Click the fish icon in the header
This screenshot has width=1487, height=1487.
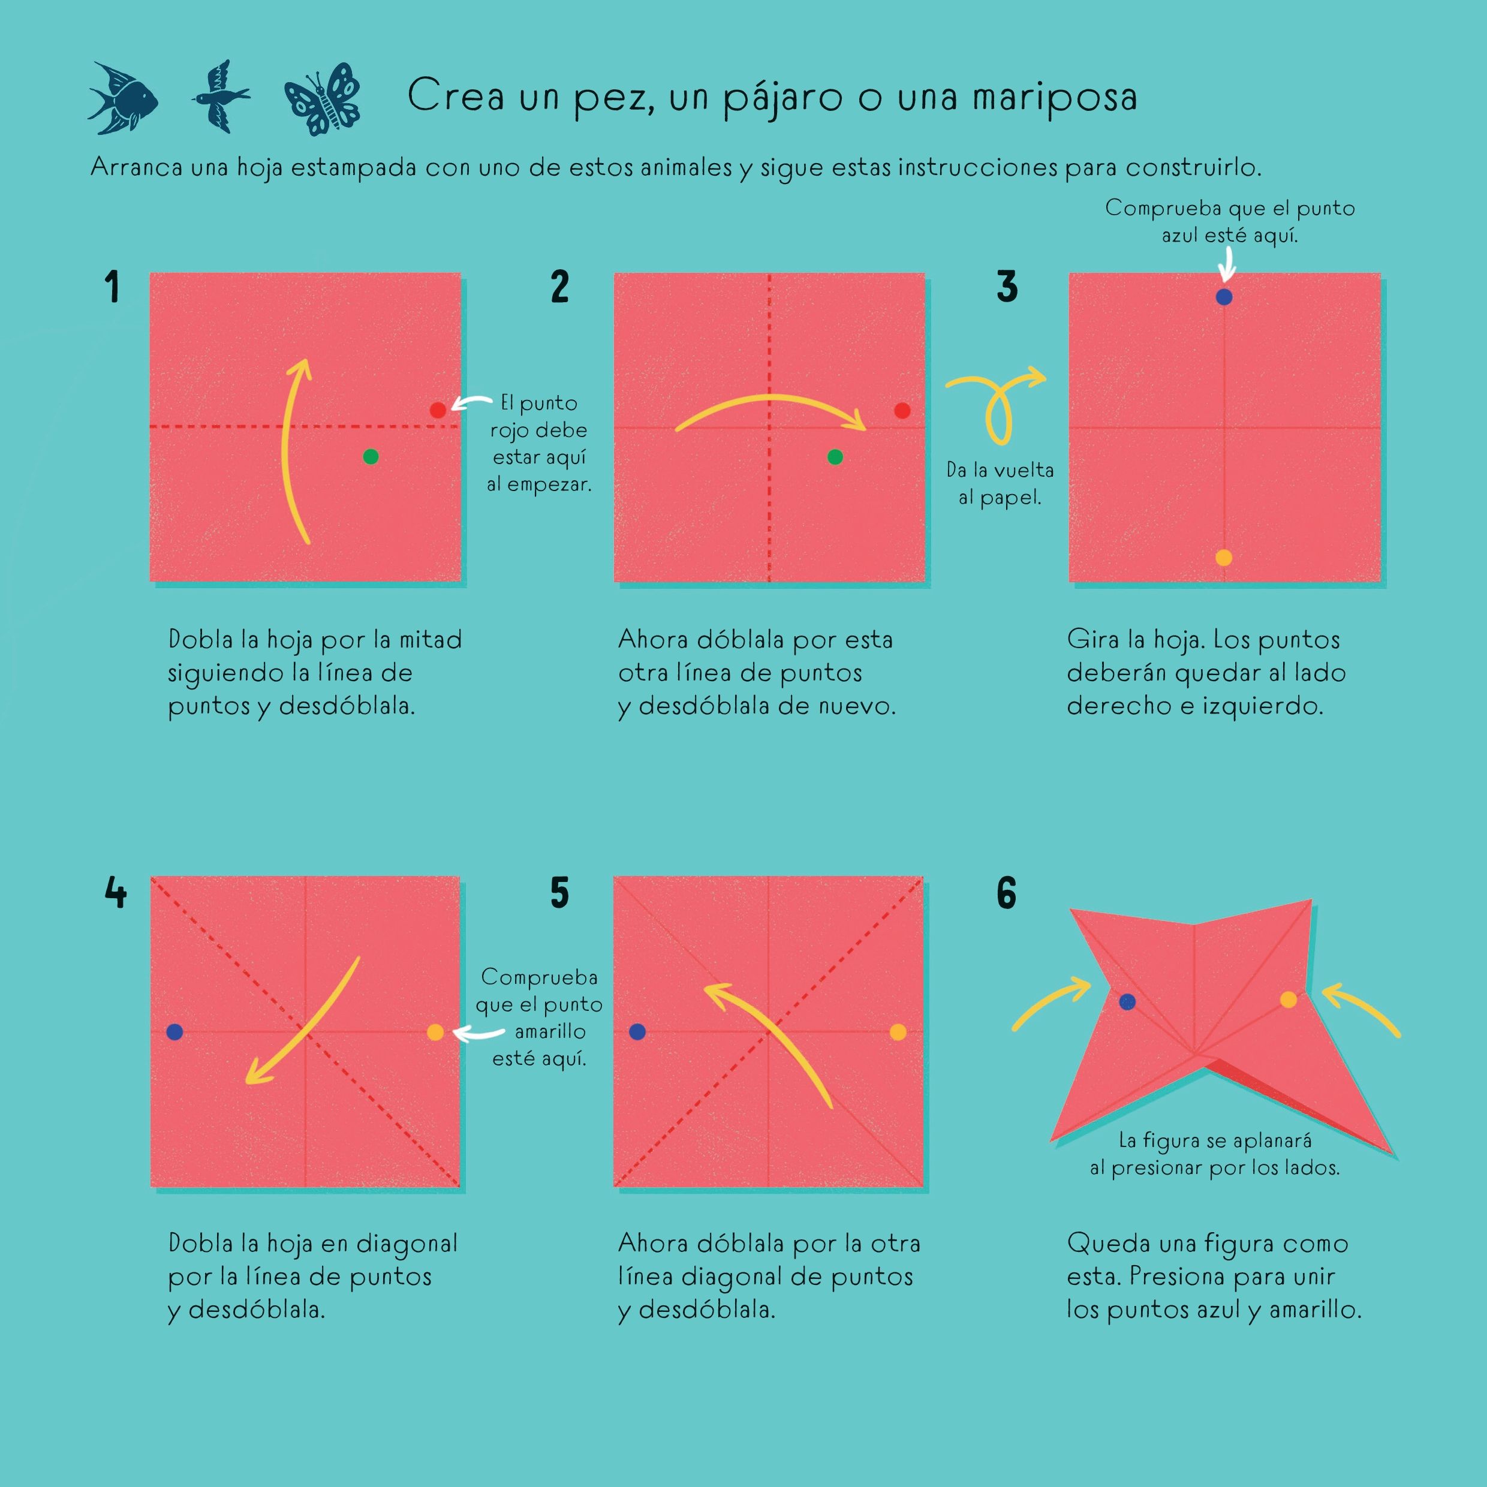(123, 98)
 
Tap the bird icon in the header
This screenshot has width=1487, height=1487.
(221, 97)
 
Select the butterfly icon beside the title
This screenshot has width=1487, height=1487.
(323, 98)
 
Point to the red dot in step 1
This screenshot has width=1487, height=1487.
(438, 410)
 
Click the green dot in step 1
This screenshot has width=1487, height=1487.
(370, 457)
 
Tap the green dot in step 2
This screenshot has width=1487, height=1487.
(835, 457)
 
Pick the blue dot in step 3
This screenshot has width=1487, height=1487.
(1224, 297)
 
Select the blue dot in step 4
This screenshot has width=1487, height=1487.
(174, 1032)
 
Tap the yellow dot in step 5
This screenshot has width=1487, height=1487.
(898, 1032)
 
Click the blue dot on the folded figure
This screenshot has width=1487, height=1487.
(1128, 1001)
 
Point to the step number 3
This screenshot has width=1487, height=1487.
(1007, 287)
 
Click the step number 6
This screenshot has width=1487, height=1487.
(1007, 893)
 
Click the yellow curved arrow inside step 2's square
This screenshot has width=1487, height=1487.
(770, 397)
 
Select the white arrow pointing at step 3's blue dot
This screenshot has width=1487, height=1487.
(1227, 266)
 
